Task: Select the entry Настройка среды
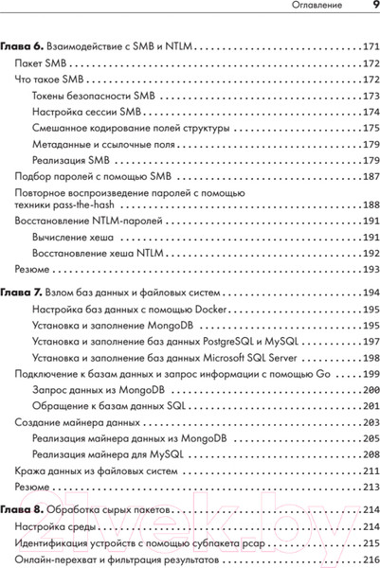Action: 51,525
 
